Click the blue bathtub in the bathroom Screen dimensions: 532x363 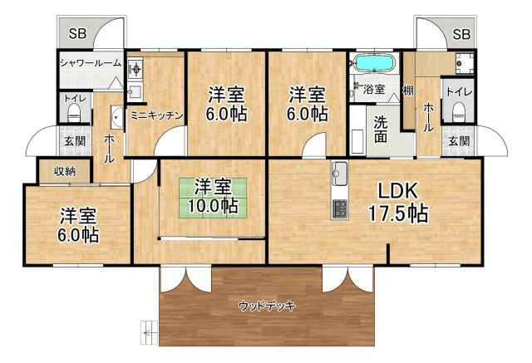coord(375,62)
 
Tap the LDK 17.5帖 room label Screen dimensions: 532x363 coord(397,203)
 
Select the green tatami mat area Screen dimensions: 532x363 coord(213,198)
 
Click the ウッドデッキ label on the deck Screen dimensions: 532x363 coord(267,307)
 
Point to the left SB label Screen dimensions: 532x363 coord(77,33)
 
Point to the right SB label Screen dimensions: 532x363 coord(462,34)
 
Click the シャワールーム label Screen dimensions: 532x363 coord(91,62)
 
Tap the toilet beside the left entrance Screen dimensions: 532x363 coord(74,113)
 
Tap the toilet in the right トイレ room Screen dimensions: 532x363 coord(458,112)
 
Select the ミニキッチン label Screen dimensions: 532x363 coord(157,115)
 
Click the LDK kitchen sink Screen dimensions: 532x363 coord(340,174)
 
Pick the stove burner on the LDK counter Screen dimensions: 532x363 coord(340,208)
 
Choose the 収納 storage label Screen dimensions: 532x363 coord(65,172)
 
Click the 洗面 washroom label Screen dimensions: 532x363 coord(381,129)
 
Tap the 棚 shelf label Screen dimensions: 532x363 coord(408,91)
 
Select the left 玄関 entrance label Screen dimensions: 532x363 coord(75,141)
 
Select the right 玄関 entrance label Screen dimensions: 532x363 coord(459,141)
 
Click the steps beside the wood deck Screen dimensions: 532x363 coord(150,333)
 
